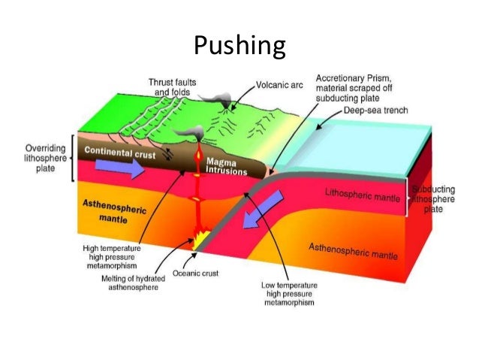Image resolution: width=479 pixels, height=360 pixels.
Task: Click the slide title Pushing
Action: (x=239, y=47)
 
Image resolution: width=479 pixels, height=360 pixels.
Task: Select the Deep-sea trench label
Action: (x=371, y=110)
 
